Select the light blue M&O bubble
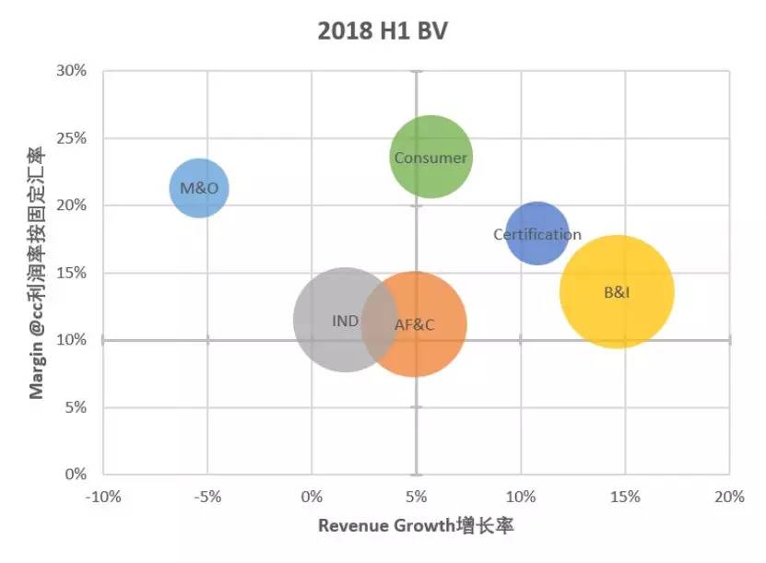pos(199,188)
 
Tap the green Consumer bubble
pos(430,158)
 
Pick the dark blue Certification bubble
pos(537,234)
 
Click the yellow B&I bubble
pos(617,292)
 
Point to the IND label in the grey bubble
pos(346,321)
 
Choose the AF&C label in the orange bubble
pos(414,324)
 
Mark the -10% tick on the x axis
pos(102,498)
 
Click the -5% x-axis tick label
pos(207,498)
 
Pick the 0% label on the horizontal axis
pos(312,498)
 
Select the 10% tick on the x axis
pos(521,498)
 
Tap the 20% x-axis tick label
pos(729,498)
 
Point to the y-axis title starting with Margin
pos(37,273)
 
